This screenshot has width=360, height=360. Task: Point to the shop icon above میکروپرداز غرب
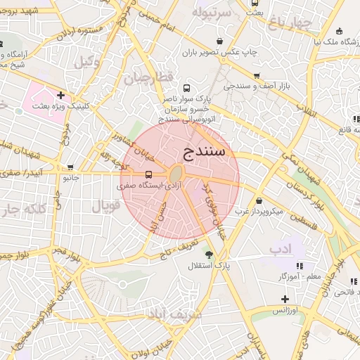pyautogui.click(x=259, y=201)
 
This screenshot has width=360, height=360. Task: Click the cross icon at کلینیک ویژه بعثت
pyautogui.click(x=61, y=95)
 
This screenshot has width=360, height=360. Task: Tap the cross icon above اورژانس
pyautogui.click(x=285, y=299)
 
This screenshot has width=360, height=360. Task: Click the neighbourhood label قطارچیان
pyautogui.click(x=148, y=78)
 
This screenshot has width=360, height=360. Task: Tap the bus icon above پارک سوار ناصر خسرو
pyautogui.click(x=186, y=89)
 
